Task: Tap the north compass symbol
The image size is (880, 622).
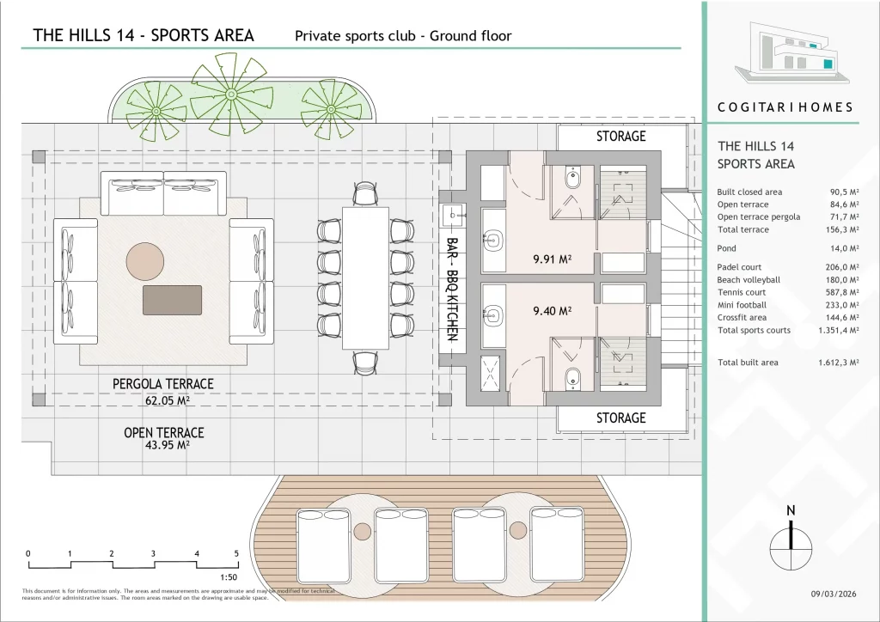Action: point(791,542)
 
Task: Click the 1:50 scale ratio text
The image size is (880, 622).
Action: point(229,577)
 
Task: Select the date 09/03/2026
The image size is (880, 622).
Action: point(834,594)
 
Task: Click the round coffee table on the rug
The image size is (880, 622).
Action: point(144,261)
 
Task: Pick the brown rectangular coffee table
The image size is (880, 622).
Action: point(172,300)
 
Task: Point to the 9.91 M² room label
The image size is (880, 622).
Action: point(553,259)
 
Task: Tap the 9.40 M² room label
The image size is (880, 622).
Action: point(553,311)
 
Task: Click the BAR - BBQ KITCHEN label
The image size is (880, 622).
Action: point(452,289)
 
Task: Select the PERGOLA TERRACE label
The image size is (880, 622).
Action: point(163,384)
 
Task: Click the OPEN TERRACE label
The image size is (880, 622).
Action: point(164,432)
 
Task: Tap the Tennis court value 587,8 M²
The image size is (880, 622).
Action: point(838,292)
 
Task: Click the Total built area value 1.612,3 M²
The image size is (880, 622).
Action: point(838,363)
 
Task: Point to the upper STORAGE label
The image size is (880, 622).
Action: point(620,137)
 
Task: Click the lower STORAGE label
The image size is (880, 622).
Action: point(620,418)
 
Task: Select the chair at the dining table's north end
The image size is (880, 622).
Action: point(364,194)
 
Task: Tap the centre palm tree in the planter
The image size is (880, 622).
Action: point(230,95)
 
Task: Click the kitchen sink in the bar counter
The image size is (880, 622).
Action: point(454,214)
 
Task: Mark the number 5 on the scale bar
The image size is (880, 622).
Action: point(236,553)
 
